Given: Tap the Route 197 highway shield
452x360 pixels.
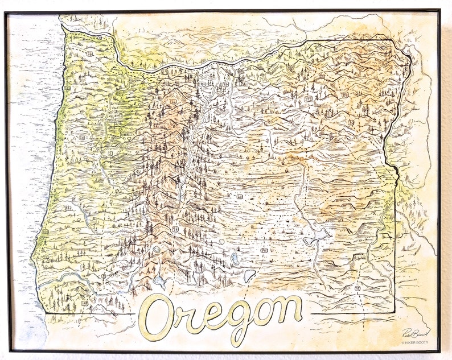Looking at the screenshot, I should tap(226, 84).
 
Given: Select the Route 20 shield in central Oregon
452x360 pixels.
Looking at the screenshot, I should tap(240, 197).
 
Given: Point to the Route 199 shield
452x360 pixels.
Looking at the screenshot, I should tap(85, 303).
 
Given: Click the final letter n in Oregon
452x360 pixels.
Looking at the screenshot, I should tap(289, 310).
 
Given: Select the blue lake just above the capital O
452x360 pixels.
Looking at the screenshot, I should tap(159, 280).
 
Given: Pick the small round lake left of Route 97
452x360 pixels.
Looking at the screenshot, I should tap(157, 249).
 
